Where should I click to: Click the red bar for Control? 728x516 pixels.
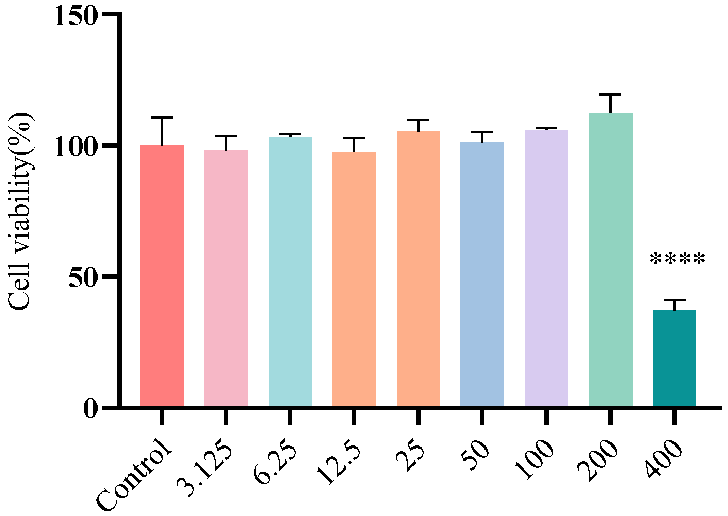point(162,276)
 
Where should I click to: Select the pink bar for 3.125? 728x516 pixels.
point(226,278)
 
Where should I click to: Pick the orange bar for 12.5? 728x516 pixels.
point(354,279)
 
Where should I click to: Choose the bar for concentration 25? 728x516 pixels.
point(418,269)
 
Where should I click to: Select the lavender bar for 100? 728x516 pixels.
point(546,268)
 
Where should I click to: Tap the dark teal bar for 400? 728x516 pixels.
point(674,358)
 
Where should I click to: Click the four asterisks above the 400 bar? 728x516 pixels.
point(677,260)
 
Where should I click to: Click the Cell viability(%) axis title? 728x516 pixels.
point(20,212)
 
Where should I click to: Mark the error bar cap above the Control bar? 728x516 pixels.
point(162,118)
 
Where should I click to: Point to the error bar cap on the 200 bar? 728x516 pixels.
point(611,95)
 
